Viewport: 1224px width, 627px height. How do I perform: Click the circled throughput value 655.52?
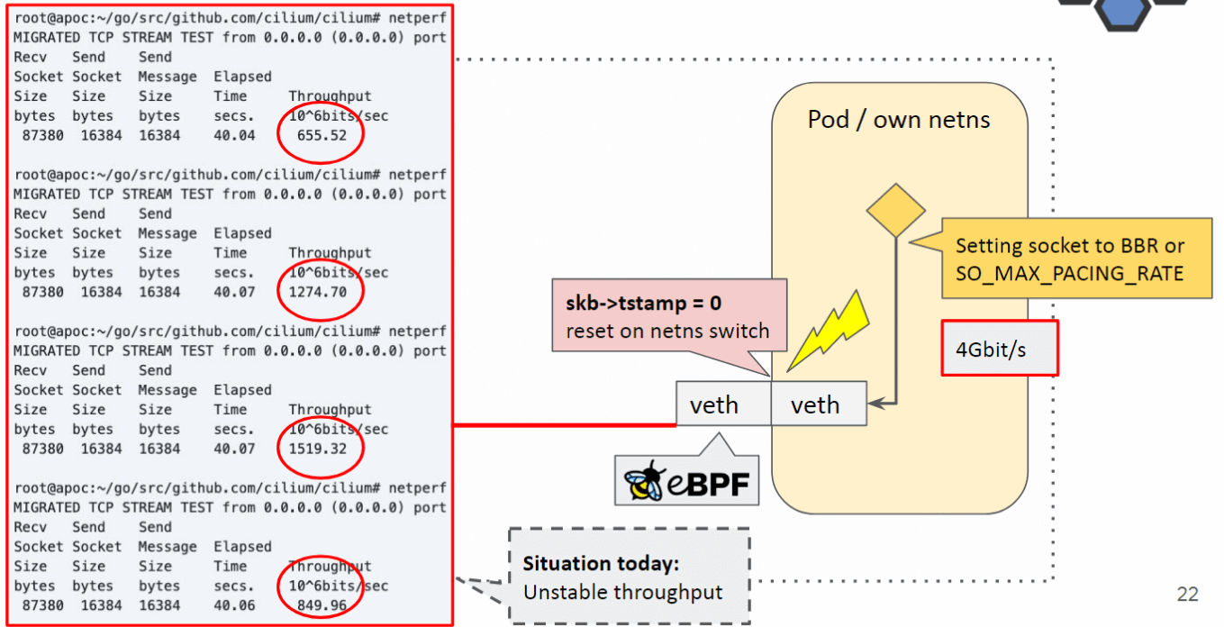pyautogui.click(x=322, y=136)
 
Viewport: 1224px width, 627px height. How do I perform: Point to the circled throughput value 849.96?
pyautogui.click(x=322, y=605)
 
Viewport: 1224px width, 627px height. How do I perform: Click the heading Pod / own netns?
pyautogui.click(x=899, y=119)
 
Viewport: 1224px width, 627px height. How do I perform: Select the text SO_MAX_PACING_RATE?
pyautogui.click(x=1069, y=272)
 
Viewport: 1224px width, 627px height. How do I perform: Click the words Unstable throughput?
pyautogui.click(x=622, y=592)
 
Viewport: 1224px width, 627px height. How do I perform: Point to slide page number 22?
pyautogui.click(x=1187, y=594)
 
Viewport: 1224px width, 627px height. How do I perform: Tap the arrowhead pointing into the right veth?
pyautogui.click(x=875, y=405)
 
